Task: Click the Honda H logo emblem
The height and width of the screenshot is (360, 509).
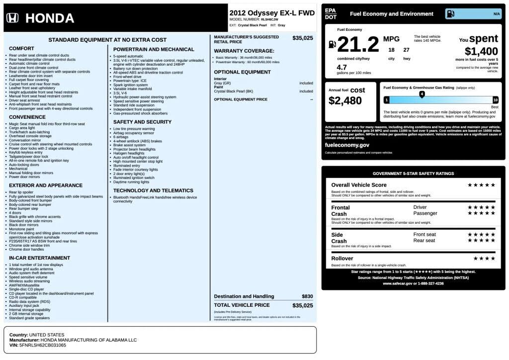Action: pyautogui.click(x=12, y=18)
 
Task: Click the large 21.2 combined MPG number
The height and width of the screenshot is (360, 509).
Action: pyautogui.click(x=358, y=45)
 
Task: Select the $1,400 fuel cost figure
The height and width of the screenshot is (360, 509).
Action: pyautogui.click(x=481, y=51)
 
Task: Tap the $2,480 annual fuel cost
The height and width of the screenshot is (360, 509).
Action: pyautogui.click(x=345, y=100)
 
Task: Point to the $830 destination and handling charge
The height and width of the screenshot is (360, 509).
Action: pyautogui.click(x=307, y=296)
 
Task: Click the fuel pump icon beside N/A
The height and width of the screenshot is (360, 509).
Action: pyautogui.click(x=450, y=14)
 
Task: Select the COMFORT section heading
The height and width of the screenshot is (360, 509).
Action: pyautogui.click(x=21, y=49)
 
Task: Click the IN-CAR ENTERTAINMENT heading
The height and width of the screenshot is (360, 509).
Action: pyautogui.click(x=39, y=258)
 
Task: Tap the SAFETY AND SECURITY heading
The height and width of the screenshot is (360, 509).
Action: pyautogui.click(x=142, y=122)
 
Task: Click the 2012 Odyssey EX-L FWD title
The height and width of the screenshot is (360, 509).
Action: pyautogui.click(x=272, y=13)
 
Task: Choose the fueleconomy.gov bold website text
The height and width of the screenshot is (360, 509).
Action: pyautogui.click(x=347, y=145)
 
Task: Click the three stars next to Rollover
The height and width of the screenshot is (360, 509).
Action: pyautogui.click(x=484, y=259)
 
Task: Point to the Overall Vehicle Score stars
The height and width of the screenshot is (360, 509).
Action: pyautogui.click(x=481, y=185)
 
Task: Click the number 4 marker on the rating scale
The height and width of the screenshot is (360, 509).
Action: pyautogui.click(x=422, y=93)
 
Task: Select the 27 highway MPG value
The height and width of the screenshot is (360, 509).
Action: pyautogui.click(x=406, y=50)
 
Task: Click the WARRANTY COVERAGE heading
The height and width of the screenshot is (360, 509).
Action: pyautogui.click(x=244, y=51)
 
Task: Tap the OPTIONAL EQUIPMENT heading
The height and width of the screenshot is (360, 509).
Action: pyautogui.click(x=242, y=72)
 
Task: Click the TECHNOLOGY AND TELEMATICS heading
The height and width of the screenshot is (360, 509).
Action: pyautogui.click(x=153, y=190)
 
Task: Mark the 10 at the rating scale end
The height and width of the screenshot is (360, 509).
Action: pyautogui.click(x=495, y=100)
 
